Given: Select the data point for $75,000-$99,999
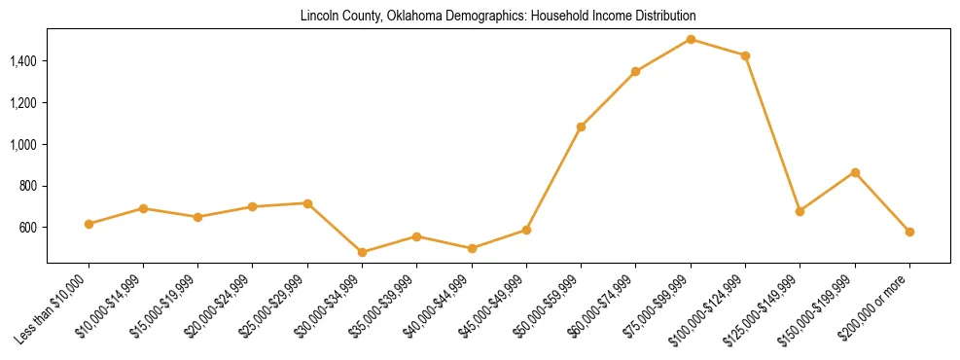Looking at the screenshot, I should (x=691, y=39).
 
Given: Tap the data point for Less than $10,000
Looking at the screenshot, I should (x=89, y=224).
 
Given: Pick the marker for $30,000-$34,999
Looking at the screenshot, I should (x=362, y=252).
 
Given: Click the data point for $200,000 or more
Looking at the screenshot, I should (x=909, y=232).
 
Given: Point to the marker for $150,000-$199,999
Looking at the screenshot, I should (x=855, y=172).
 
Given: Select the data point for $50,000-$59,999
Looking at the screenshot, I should (x=581, y=126).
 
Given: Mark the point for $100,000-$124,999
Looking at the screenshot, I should (x=745, y=55).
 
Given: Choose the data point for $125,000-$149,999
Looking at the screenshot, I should (x=800, y=211).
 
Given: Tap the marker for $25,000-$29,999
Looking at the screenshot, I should (x=307, y=203).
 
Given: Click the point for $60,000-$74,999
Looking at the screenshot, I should (x=635, y=71).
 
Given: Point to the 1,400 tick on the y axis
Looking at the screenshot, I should (x=23, y=61).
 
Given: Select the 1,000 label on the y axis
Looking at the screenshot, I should (x=23, y=144).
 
